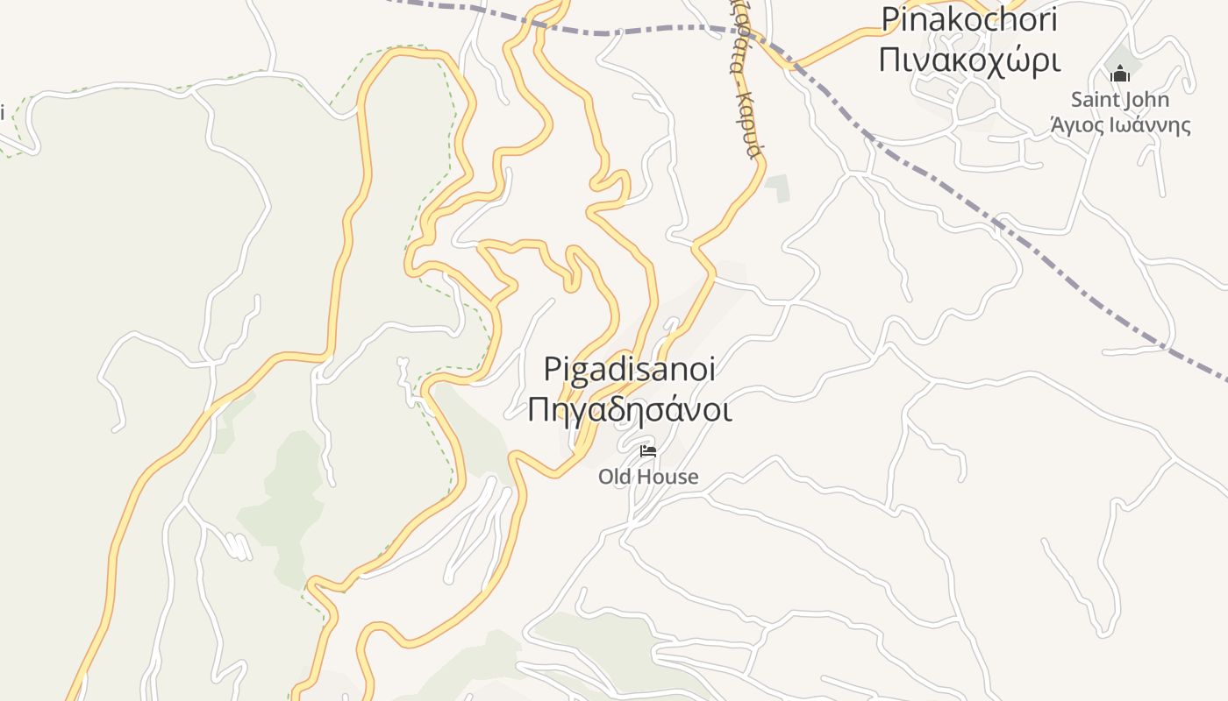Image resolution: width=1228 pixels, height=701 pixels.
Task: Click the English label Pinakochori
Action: tap(968, 18)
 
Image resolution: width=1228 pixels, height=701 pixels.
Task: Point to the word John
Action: tap(1147, 100)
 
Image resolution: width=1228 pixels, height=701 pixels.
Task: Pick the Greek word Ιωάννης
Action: tap(1150, 124)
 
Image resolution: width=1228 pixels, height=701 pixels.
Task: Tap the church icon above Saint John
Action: tap(1119, 74)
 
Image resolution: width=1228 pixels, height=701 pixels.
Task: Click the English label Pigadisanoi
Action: tap(629, 369)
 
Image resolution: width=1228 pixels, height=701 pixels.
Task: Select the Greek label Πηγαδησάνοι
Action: tap(629, 409)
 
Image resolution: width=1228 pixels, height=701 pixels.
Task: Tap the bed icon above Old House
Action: tap(648, 451)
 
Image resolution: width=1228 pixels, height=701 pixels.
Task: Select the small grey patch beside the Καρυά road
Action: tap(777, 188)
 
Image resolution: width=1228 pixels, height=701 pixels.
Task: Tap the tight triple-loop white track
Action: tap(239, 546)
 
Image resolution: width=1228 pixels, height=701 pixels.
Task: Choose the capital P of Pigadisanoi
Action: tap(552, 370)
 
